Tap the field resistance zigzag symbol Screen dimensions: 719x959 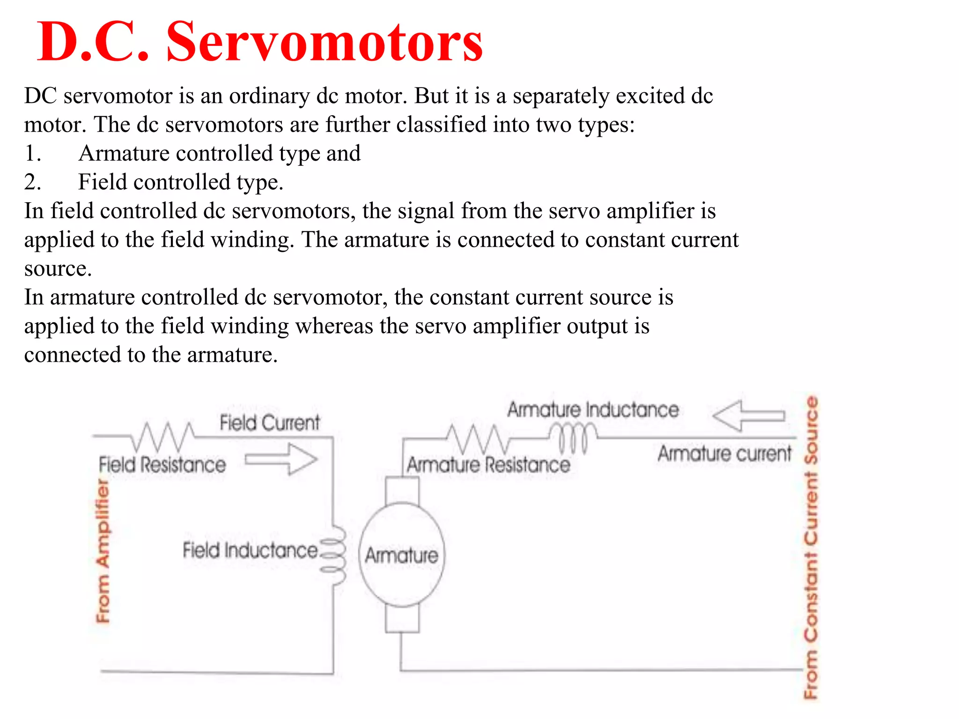point(162,436)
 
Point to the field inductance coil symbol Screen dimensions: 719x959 point(334,555)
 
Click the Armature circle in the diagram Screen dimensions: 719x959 point(401,555)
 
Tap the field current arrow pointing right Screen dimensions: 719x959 point(281,460)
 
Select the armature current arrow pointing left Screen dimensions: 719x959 point(748,415)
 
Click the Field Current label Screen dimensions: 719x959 point(270,423)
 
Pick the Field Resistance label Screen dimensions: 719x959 point(162,465)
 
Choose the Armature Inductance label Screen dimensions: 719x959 point(593,410)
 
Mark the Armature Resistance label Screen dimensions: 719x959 point(488,465)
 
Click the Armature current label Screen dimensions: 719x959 point(724,454)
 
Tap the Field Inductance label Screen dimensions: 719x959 point(250,550)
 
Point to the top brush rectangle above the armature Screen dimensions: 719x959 point(402,490)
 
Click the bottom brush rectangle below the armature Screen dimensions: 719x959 point(402,619)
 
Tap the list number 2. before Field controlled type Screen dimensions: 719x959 point(33,182)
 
